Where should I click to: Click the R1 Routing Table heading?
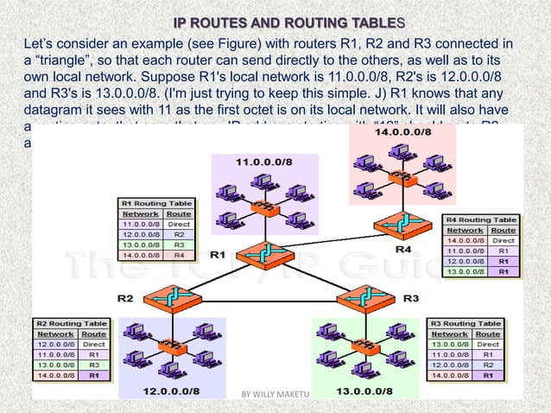tap(155, 201)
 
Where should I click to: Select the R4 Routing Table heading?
tap(480, 219)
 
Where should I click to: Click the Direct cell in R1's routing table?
tap(179, 223)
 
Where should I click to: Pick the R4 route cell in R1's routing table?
tap(179, 255)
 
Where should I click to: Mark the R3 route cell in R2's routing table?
tap(93, 365)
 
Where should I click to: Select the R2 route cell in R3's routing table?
tap(488, 365)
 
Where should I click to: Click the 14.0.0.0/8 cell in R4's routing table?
tap(463, 241)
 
